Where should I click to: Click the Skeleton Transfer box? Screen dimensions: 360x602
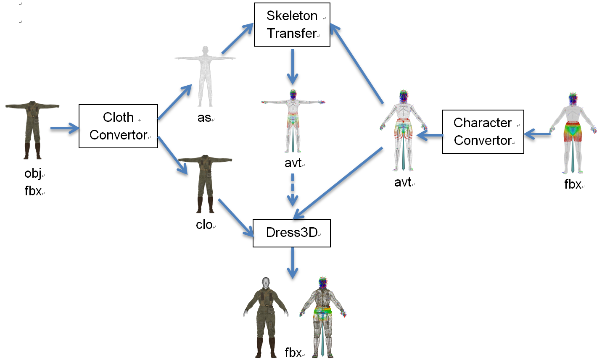[292, 24]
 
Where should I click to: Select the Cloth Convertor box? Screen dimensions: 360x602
[118, 126]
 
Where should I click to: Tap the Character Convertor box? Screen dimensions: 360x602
[483, 131]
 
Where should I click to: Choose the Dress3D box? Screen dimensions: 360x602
[291, 233]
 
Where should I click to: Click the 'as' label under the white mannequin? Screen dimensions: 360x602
[204, 118]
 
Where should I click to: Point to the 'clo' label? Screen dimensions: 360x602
[204, 225]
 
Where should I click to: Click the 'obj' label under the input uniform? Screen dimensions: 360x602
[33, 173]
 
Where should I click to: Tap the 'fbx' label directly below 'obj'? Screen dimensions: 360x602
[33, 191]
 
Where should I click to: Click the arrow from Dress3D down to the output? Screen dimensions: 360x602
[293, 263]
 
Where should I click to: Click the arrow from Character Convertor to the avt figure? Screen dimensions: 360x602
[430, 135]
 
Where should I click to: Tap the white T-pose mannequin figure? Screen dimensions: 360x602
[205, 76]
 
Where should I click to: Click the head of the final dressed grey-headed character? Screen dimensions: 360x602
[265, 282]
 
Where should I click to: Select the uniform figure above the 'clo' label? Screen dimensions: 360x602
[205, 183]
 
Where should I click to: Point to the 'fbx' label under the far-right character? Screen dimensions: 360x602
[572, 184]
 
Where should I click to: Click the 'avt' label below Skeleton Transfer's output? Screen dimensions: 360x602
[293, 163]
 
